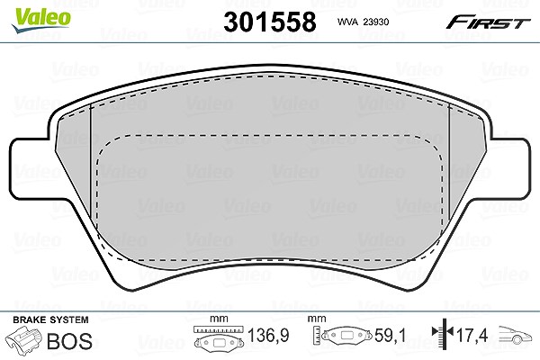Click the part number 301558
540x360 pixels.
coord(270,22)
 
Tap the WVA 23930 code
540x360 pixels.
coord(363,22)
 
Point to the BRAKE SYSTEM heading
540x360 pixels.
coord(50,319)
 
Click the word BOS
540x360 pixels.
coord(69,341)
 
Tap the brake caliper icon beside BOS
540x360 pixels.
coord(23,339)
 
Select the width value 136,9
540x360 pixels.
coord(268,335)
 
